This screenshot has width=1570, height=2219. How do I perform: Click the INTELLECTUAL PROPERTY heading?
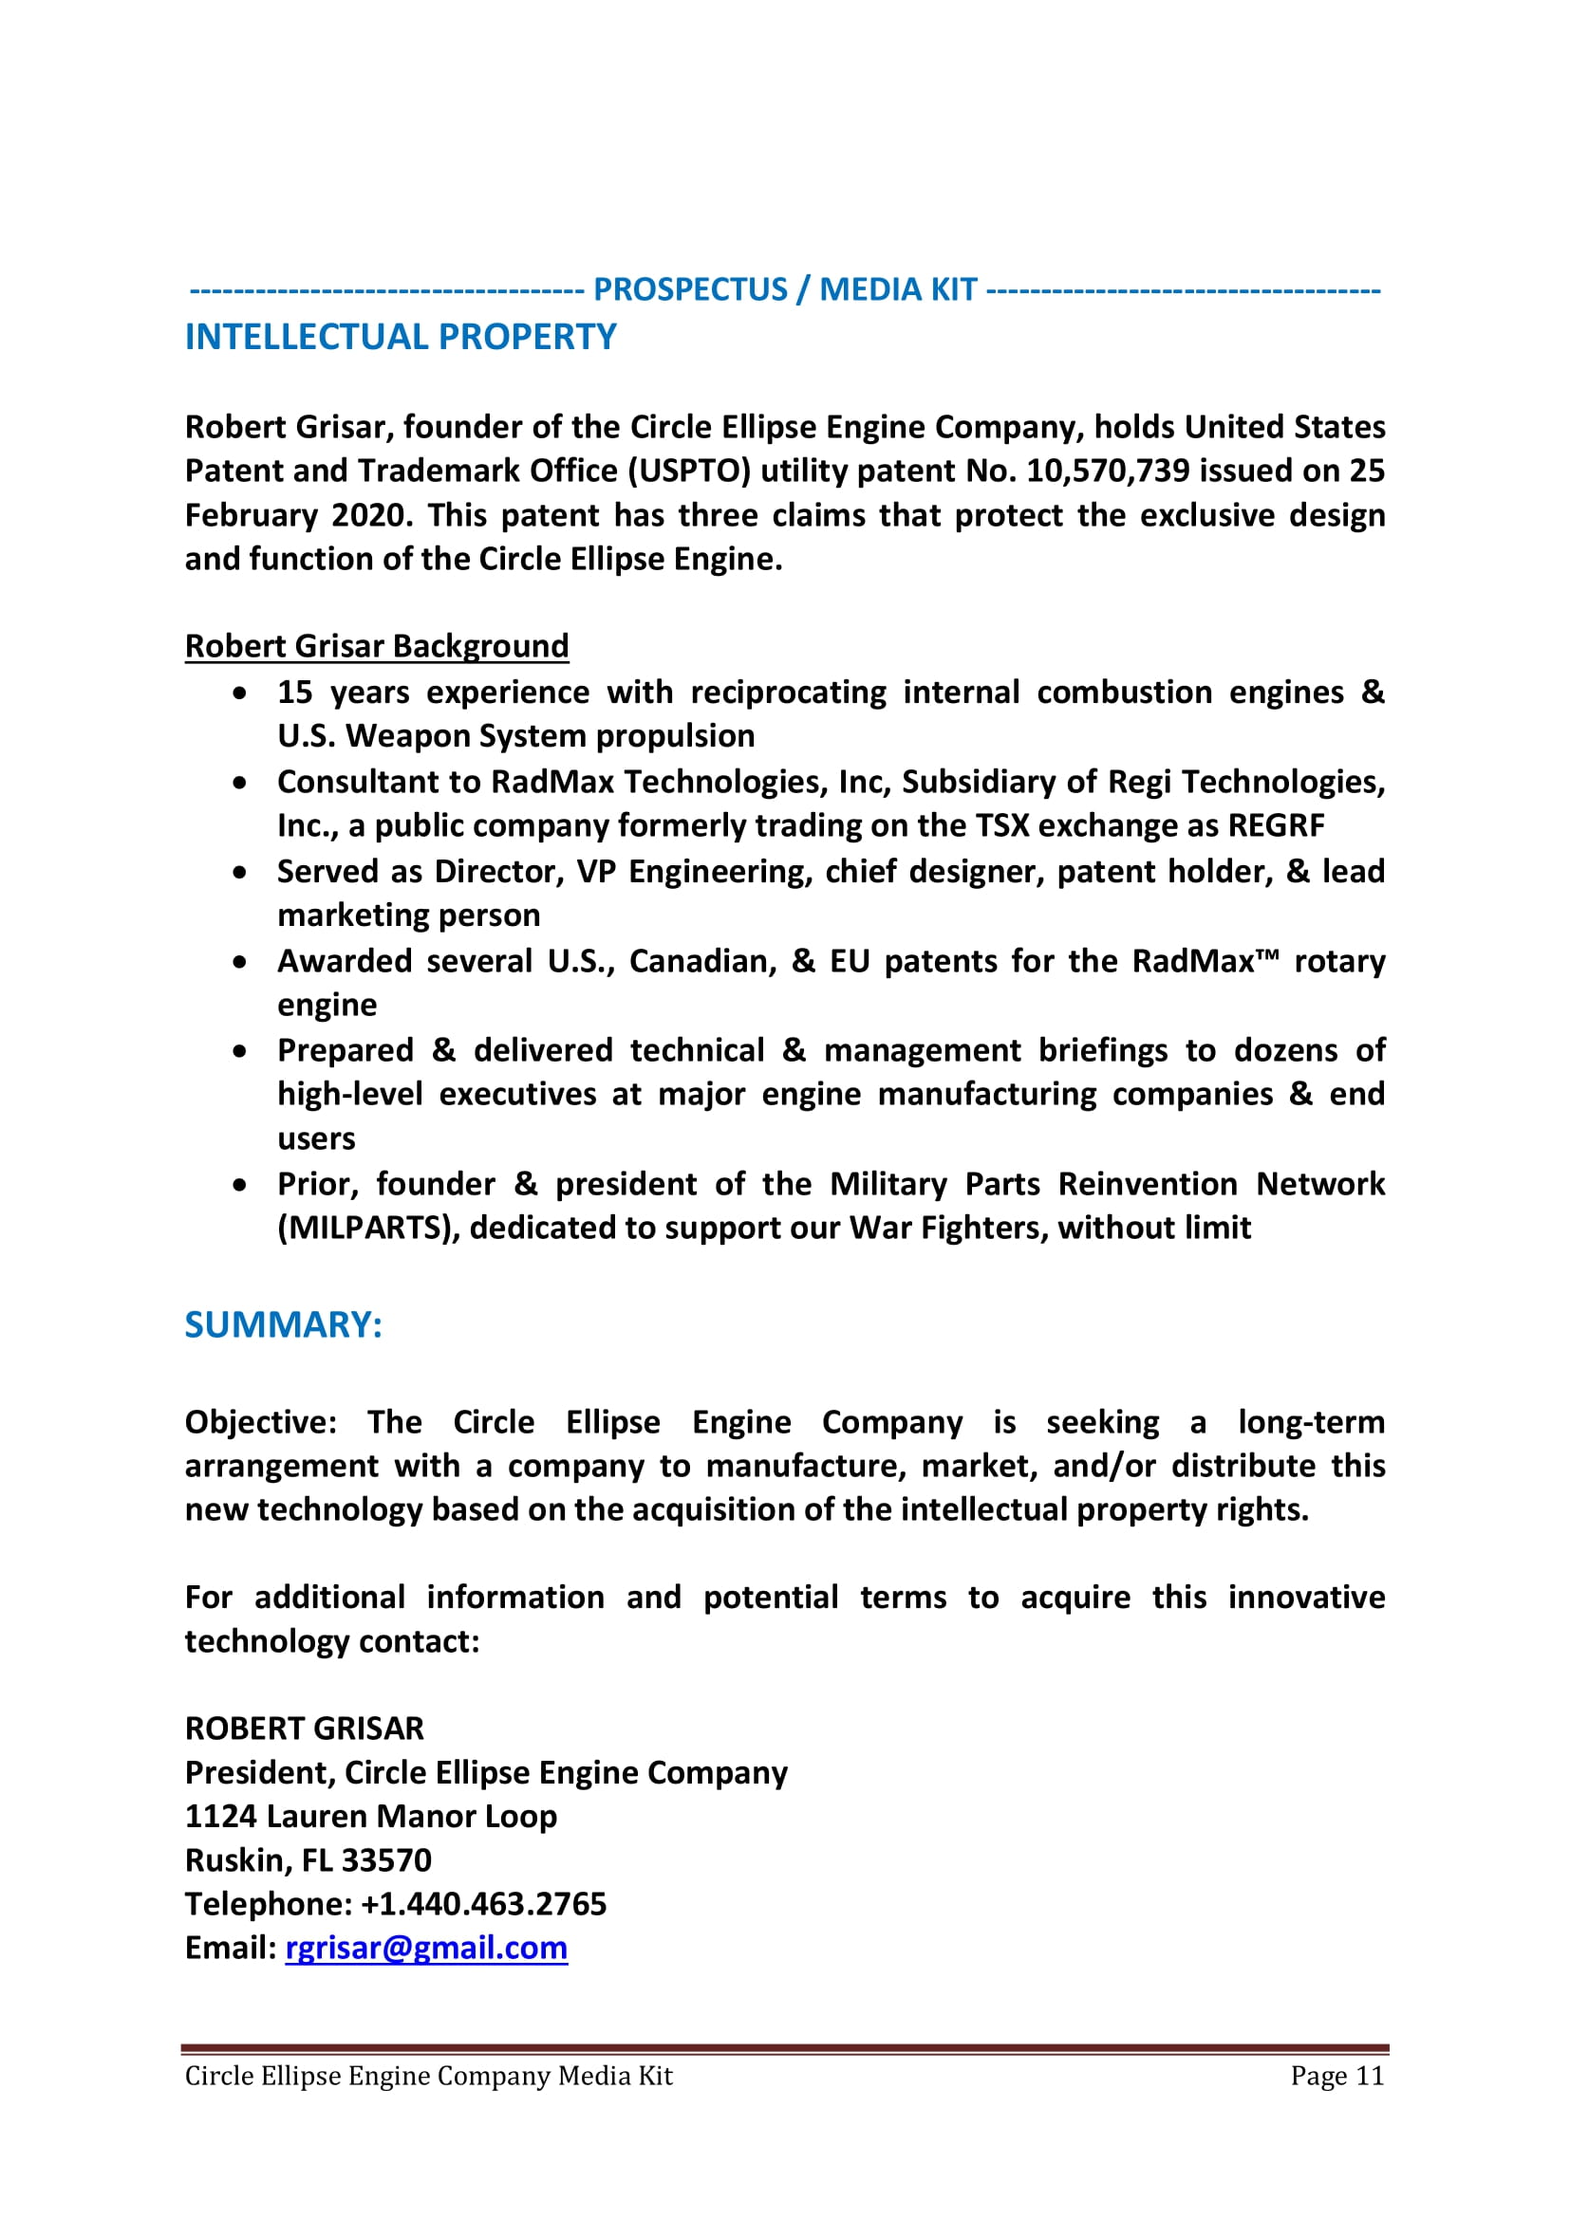tap(401, 337)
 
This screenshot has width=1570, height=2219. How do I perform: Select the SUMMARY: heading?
tap(283, 1324)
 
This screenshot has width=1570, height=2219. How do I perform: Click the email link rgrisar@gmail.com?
tap(425, 1948)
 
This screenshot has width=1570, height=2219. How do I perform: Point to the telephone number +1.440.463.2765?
tap(483, 1904)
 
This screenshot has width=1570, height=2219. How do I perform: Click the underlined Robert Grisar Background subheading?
tap(376, 646)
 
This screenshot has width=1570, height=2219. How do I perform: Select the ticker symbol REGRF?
tap(1275, 825)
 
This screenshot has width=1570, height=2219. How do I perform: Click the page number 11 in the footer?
tap(1369, 2076)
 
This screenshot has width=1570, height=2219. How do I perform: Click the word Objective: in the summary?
tap(260, 1422)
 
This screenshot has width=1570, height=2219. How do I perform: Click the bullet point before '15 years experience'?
tap(240, 693)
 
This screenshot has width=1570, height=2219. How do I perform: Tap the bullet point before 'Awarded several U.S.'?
tap(240, 962)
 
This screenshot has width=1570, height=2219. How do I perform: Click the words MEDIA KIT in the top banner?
tap(898, 289)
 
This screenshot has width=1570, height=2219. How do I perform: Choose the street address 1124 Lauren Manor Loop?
tap(370, 1816)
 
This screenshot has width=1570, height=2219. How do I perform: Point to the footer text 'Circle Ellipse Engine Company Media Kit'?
tap(428, 2076)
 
